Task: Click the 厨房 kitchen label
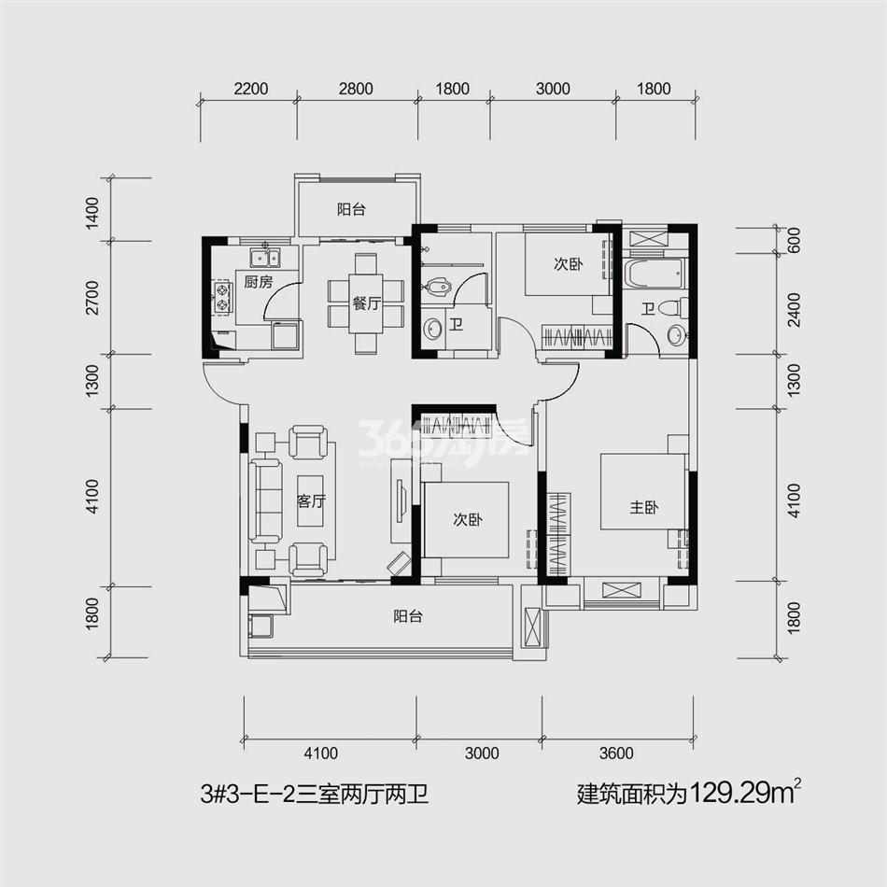coord(259,281)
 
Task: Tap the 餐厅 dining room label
coord(366,303)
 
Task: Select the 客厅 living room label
coord(311,501)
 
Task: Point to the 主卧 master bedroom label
coord(643,507)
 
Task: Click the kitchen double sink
coord(265,258)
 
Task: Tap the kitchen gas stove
coord(222,298)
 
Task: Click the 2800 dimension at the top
coord(356,89)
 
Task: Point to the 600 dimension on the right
coord(795,240)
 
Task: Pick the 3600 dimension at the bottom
coord(616,753)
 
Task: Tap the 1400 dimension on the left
coord(92,213)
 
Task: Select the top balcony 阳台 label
coord(351,209)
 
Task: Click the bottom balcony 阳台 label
coord(408,616)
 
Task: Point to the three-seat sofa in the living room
coord(265,501)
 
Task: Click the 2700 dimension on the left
coord(92,298)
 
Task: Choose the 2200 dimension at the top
coord(250,89)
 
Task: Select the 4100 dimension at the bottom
coord(321,753)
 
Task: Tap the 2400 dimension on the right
coord(795,309)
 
